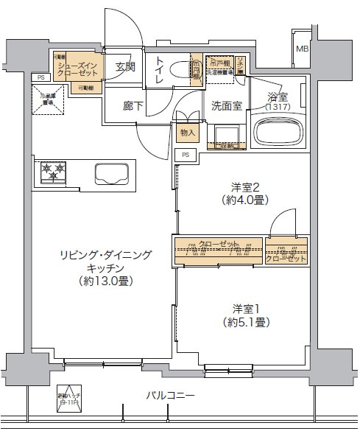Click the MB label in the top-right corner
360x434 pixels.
(x=302, y=49)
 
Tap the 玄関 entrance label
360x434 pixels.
(x=125, y=67)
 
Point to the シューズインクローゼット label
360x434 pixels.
(x=74, y=69)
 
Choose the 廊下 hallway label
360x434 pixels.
(x=133, y=105)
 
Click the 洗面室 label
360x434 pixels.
(x=226, y=105)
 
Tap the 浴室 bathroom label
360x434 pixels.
(x=277, y=97)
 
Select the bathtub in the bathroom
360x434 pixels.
(x=278, y=133)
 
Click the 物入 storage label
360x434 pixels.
(x=187, y=133)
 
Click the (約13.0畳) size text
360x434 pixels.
(x=107, y=281)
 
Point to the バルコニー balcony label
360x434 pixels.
(x=170, y=396)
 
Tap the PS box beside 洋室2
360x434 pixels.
(x=186, y=155)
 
